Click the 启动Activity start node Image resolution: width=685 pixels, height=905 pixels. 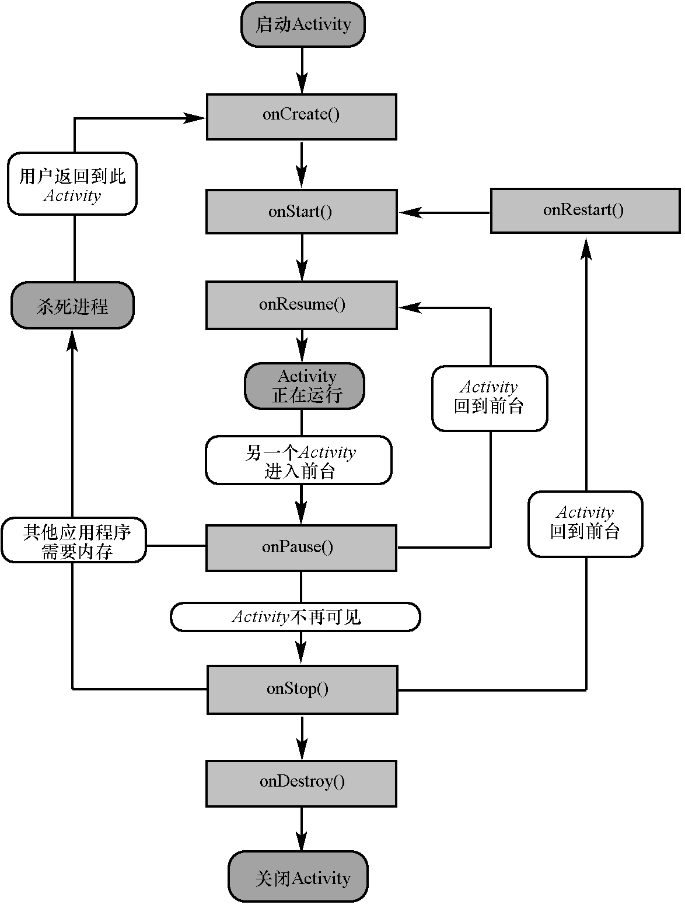click(x=303, y=24)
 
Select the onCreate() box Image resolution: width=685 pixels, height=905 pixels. click(x=301, y=116)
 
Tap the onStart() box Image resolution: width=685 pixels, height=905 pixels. click(x=301, y=211)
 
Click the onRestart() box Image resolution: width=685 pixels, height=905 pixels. click(x=585, y=211)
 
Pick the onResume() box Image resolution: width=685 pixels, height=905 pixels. click(x=301, y=305)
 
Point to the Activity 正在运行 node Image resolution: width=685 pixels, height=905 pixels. click(x=305, y=386)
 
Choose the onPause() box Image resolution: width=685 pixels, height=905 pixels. click(x=301, y=548)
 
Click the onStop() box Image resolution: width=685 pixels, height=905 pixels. click(x=302, y=689)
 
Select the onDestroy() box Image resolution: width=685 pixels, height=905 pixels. click(x=301, y=783)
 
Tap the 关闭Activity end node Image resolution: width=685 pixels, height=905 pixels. click(x=298, y=878)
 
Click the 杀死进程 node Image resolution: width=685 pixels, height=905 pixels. click(x=72, y=306)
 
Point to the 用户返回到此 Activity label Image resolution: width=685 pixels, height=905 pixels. click(x=72, y=184)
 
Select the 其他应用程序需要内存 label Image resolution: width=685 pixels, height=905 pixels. click(x=74, y=540)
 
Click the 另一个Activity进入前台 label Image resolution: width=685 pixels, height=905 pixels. click(x=299, y=460)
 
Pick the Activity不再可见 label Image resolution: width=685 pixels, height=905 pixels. click(x=295, y=617)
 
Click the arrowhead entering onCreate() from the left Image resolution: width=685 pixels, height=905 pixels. click(x=195, y=118)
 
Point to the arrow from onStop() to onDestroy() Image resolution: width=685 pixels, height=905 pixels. click(x=302, y=738)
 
